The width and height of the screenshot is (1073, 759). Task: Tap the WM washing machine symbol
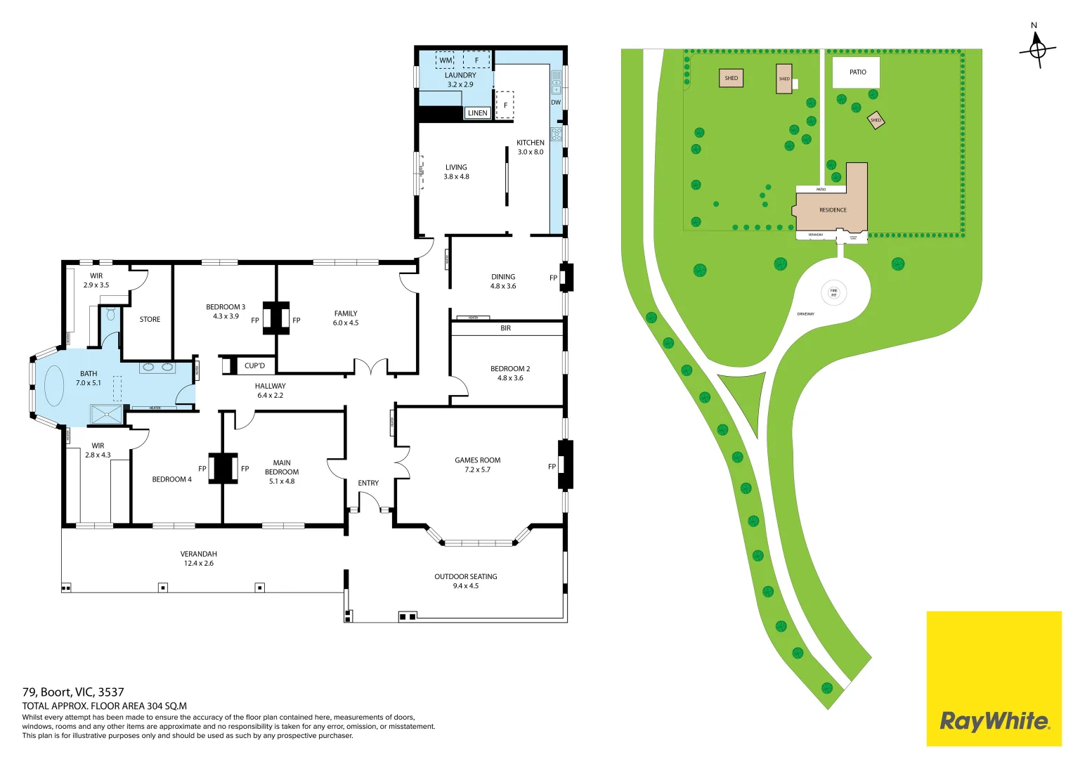tap(446, 60)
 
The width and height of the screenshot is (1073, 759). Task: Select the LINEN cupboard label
tap(477, 113)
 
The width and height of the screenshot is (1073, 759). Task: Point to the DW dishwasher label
tap(556, 103)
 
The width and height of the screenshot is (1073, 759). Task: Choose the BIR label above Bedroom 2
tap(506, 328)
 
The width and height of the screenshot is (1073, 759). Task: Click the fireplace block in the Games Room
tap(566, 465)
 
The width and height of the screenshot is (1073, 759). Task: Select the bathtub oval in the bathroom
tap(55, 386)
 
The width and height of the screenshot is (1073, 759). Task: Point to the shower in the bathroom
tap(106, 415)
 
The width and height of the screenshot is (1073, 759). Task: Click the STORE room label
tap(150, 320)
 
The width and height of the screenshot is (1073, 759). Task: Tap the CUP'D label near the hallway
tap(254, 366)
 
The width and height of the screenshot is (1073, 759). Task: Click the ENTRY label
tap(368, 484)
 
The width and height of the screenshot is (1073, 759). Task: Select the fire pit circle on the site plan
tap(833, 292)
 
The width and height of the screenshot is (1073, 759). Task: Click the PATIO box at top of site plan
tap(857, 72)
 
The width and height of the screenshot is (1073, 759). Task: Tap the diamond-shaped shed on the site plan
tap(876, 120)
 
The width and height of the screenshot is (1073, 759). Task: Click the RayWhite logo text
tap(994, 721)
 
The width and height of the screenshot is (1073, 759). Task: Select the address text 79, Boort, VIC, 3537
tap(73, 692)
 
